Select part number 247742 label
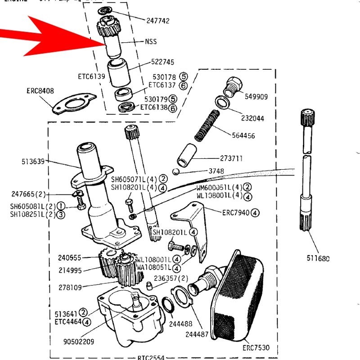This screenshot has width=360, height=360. (x=157, y=21)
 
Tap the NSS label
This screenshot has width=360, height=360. (x=151, y=41)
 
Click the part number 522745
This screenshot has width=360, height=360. (x=162, y=62)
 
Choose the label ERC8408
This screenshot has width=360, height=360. (x=40, y=91)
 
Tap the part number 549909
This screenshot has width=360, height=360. (x=256, y=96)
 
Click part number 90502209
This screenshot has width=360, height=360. (x=79, y=342)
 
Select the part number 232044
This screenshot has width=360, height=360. (x=252, y=118)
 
